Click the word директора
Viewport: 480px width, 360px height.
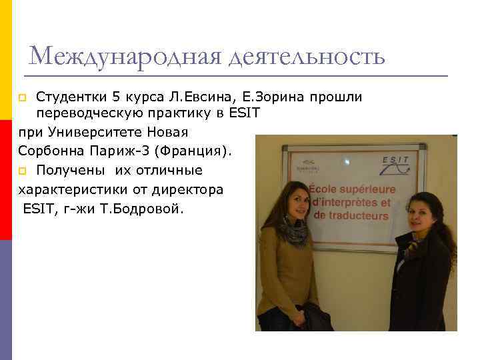click(x=193, y=189)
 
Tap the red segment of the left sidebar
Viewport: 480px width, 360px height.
click(x=6, y=179)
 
